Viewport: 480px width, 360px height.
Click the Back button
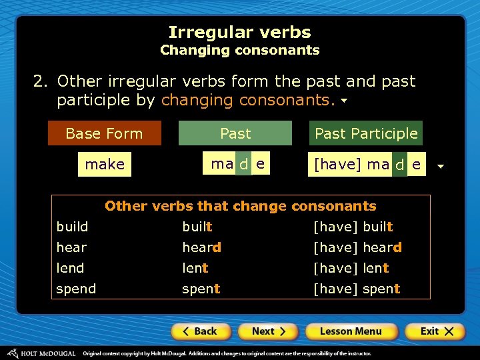point(201,331)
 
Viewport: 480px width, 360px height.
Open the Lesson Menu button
point(351,331)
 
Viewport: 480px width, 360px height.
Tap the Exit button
point(434,331)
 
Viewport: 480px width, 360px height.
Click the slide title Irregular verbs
point(239,32)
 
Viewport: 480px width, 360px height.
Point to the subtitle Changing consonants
point(239,50)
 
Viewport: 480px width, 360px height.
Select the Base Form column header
point(105,133)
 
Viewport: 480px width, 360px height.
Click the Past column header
point(235,133)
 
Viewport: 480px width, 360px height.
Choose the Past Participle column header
point(366,133)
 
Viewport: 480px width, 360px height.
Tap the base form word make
point(105,165)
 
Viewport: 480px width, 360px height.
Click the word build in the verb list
point(72,227)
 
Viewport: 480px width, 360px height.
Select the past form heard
point(202,247)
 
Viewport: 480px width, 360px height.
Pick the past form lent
point(195,268)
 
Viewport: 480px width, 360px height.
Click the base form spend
point(76,289)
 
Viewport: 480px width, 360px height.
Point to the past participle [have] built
point(353,227)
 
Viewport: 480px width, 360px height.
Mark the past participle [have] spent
point(357,289)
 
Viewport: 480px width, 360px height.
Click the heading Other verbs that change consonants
point(241,206)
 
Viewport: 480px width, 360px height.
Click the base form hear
point(71,247)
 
